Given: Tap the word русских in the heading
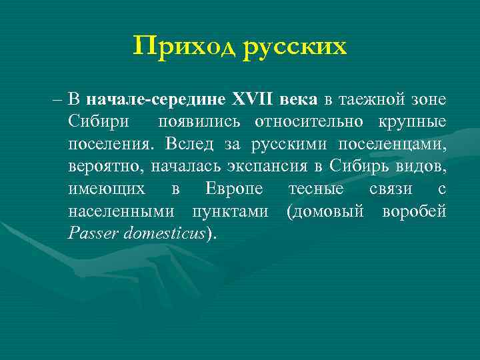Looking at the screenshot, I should pyautogui.click(x=294, y=47).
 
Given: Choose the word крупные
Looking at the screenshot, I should pyautogui.click(x=413, y=122).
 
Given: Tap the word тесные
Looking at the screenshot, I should pyautogui.click(x=315, y=189).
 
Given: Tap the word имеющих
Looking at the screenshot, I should pyautogui.click(x=106, y=189).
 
